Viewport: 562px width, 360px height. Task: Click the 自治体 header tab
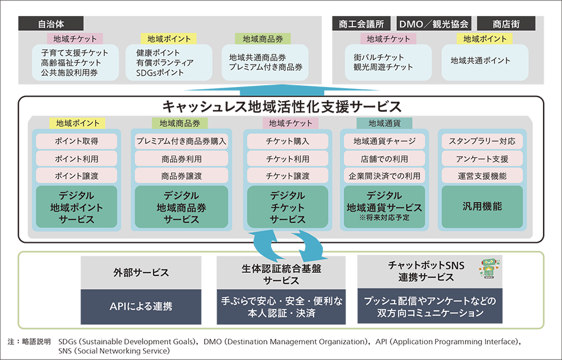[50, 24]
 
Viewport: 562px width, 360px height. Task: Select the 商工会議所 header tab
[361, 24]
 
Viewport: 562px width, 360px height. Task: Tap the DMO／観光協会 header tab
[434, 24]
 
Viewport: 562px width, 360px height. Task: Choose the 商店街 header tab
[506, 24]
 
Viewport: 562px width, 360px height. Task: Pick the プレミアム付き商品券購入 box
[182, 142]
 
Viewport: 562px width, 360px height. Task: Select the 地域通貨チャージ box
[385, 142]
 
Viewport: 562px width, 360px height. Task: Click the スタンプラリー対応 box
[482, 142]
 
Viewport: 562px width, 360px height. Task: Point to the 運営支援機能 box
[482, 176]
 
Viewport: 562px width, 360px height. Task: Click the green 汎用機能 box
[482, 207]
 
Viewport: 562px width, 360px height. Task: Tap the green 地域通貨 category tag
[385, 123]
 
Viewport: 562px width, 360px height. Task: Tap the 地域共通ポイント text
[480, 60]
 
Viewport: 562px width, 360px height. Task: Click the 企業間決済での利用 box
[385, 176]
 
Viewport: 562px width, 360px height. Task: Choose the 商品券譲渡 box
[182, 176]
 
